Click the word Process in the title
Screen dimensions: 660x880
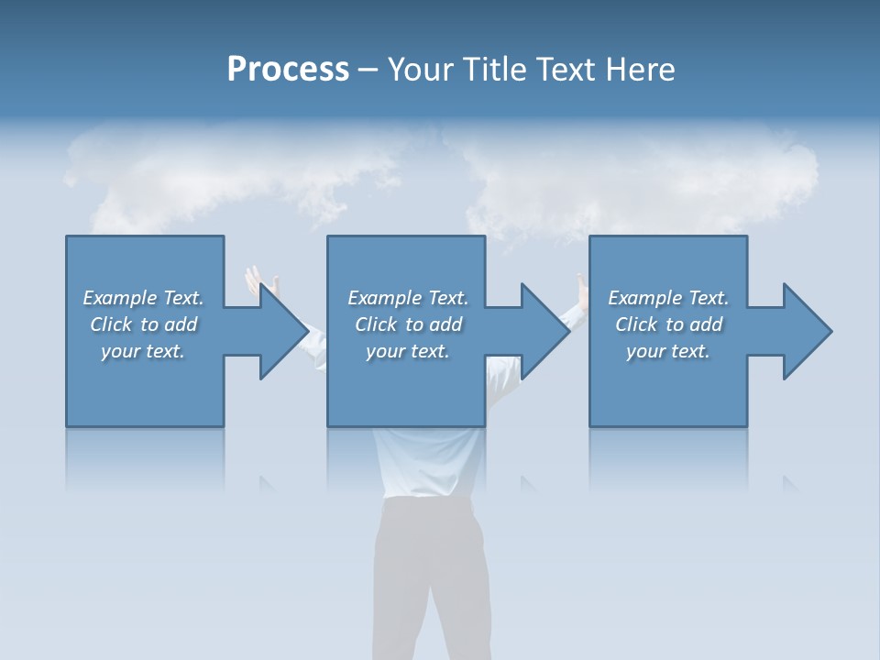(x=288, y=70)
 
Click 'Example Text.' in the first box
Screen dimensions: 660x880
(x=144, y=298)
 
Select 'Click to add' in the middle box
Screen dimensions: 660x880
(x=408, y=324)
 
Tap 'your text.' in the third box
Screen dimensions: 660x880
(x=668, y=351)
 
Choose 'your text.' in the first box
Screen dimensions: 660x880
(x=144, y=351)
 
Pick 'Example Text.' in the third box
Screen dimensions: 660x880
(x=668, y=298)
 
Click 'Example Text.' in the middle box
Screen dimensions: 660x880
(x=408, y=298)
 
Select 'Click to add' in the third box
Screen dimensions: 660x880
(x=668, y=324)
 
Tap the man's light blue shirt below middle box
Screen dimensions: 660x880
(x=426, y=463)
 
